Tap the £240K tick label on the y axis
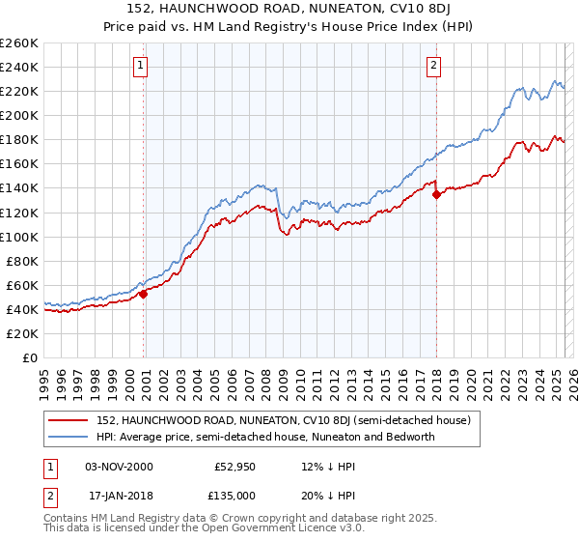pyautogui.click(x=19, y=67)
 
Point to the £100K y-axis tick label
pyautogui.click(x=19, y=237)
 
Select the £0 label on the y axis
pyautogui.click(x=30, y=357)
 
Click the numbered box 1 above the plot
pyautogui.click(x=141, y=66)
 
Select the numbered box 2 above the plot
pyautogui.click(x=434, y=66)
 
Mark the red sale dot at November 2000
pyautogui.click(x=144, y=294)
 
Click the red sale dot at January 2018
pyautogui.click(x=436, y=194)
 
